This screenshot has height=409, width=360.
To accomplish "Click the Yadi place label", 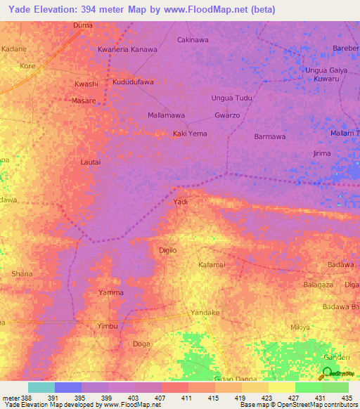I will (x=181, y=202).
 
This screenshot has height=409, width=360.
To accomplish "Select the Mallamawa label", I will (x=166, y=115).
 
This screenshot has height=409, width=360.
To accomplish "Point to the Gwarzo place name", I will (x=227, y=115).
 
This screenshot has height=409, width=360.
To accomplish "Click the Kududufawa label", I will (x=133, y=82).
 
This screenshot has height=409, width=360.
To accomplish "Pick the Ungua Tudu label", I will (x=232, y=98).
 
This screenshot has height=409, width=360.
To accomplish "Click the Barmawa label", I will (x=269, y=136).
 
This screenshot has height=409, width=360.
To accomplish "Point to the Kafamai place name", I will (x=211, y=265).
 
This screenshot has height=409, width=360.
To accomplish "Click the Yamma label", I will (x=111, y=292).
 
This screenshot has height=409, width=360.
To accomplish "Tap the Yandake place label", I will (x=205, y=312).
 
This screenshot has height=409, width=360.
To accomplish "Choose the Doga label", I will (x=141, y=344).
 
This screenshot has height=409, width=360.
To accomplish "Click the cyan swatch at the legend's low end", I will (x=41, y=387).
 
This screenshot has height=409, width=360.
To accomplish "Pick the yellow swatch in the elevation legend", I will (x=281, y=387).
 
